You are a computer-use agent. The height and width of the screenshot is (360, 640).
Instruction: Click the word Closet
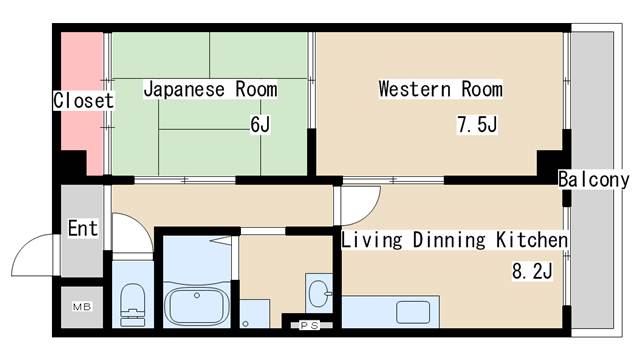click(83, 101)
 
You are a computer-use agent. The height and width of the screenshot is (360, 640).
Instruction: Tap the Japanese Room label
click(210, 89)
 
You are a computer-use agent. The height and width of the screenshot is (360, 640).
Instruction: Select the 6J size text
click(260, 125)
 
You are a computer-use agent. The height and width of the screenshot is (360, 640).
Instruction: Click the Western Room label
click(440, 89)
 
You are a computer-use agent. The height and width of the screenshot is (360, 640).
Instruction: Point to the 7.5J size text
click(477, 125)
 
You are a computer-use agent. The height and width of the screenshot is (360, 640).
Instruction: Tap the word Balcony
click(594, 180)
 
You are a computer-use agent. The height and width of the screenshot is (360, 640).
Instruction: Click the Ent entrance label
click(83, 229)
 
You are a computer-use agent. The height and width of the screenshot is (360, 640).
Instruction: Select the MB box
click(81, 306)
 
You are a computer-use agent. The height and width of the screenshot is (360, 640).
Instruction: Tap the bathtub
click(196, 303)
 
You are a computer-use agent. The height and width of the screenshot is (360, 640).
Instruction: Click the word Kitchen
click(533, 241)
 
